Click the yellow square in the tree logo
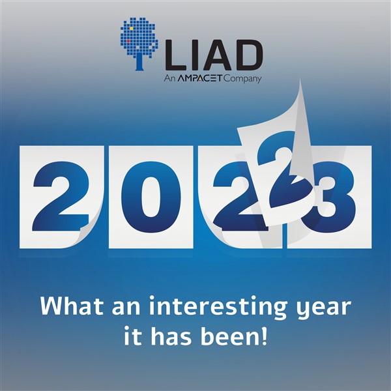click(131, 29)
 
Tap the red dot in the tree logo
click(128, 41)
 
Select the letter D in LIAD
click(248, 55)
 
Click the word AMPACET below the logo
click(200, 79)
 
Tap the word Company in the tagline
click(242, 80)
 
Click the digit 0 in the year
click(151, 197)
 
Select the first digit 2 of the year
click(61, 196)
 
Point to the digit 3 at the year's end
click(332, 197)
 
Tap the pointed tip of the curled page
click(300, 80)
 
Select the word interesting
click(218, 307)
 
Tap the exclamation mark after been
click(265, 336)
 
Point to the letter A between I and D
click(215, 55)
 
